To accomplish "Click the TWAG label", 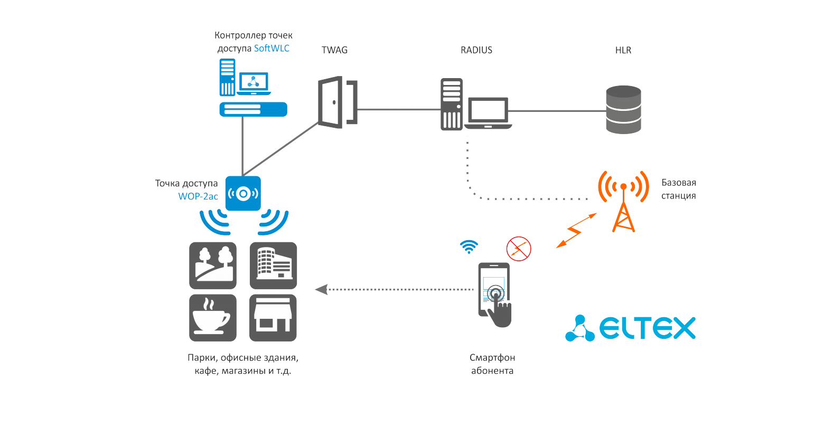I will [x=334, y=50].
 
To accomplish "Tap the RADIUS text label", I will [x=476, y=50].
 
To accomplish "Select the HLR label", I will [x=623, y=50].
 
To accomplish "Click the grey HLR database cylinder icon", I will [x=623, y=110].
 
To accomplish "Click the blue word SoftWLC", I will [x=272, y=48].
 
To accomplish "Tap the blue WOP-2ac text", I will [x=198, y=196].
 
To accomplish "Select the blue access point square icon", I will [x=243, y=193].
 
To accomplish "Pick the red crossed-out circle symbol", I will [x=519, y=249].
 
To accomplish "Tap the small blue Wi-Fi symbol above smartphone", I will [x=469, y=246].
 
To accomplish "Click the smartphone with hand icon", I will [x=495, y=294].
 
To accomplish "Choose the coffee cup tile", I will [x=212, y=318].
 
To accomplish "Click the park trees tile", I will [x=212, y=265].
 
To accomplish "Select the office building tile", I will [x=273, y=265].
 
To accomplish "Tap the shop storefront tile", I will [x=273, y=318].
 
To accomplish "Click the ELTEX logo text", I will [x=647, y=328].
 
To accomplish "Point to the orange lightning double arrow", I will [x=575, y=231].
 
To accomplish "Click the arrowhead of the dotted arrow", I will [x=321, y=289].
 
